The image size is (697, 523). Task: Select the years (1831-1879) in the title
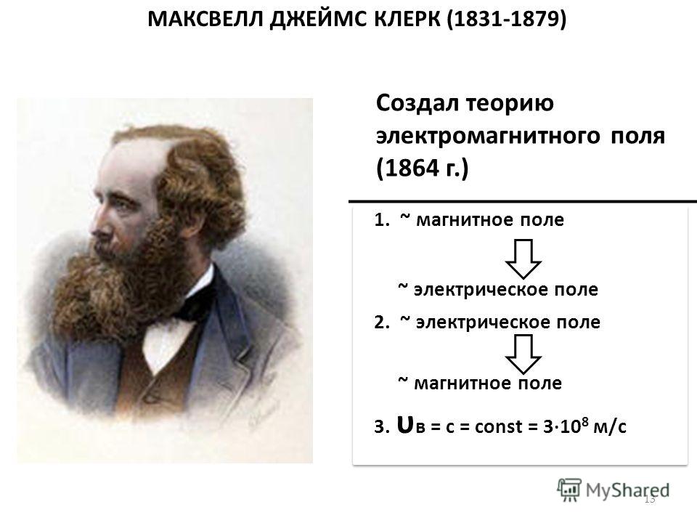[x=506, y=20]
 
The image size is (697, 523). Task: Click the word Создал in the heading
[x=417, y=104]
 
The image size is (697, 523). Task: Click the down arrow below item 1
[x=523, y=259]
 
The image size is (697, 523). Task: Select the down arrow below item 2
[x=523, y=354]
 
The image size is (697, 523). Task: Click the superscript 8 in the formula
[x=585, y=421]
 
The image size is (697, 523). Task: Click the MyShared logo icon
[x=569, y=490]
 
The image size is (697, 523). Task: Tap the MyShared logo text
[x=627, y=490]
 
